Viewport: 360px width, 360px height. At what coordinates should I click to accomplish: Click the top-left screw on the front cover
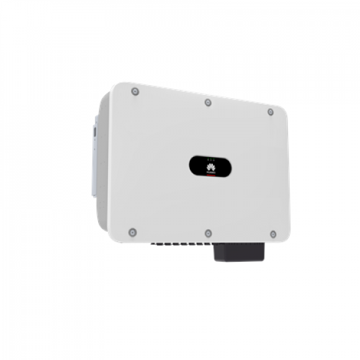[135, 91]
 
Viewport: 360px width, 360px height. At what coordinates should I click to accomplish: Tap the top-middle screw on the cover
[207, 102]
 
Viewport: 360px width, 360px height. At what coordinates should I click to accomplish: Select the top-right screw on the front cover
[270, 112]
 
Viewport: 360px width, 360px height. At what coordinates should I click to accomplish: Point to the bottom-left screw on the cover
[132, 232]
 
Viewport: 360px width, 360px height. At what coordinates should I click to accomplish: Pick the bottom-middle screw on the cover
[208, 233]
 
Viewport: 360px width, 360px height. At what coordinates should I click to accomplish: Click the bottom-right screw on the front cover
[273, 234]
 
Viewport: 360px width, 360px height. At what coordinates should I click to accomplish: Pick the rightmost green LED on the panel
[215, 160]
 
